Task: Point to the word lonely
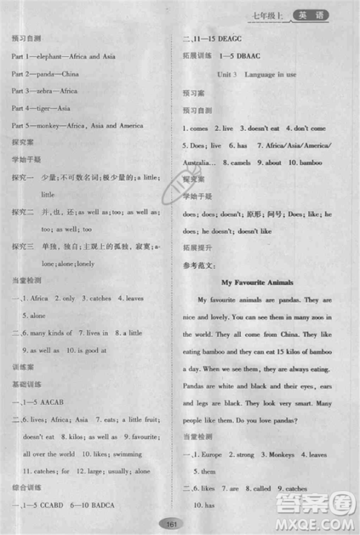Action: coord(84,264)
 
